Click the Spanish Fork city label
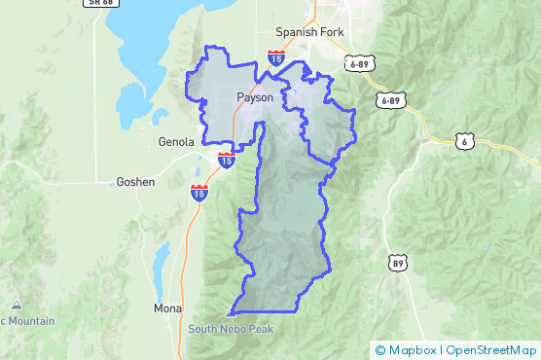point(309,31)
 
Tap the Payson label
point(255,97)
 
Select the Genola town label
point(177,141)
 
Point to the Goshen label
point(134,182)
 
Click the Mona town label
point(167,308)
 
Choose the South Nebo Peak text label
point(231,329)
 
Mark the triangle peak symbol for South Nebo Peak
point(231,313)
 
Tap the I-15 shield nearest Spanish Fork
point(277,58)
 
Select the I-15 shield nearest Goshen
point(199,192)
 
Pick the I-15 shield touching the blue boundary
point(226,159)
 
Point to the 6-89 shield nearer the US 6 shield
point(391,100)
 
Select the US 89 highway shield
point(397,263)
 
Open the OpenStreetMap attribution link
point(491,348)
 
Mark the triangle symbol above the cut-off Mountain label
point(17,305)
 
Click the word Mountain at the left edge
point(30,321)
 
